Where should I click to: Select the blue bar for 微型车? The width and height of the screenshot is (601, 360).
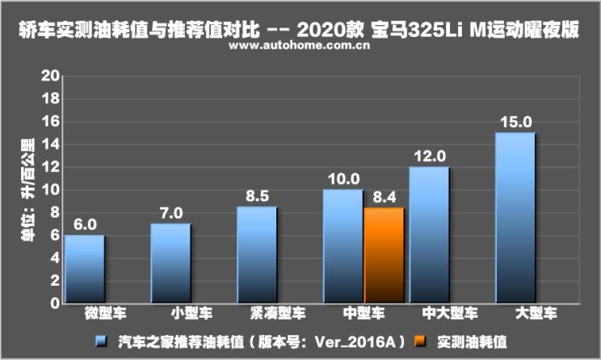click(85, 269)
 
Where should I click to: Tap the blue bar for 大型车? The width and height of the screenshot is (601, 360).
click(515, 218)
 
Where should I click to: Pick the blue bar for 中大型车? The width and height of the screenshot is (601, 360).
click(429, 235)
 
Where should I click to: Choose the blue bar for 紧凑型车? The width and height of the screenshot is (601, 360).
click(257, 255)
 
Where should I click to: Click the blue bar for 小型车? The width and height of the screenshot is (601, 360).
click(170, 263)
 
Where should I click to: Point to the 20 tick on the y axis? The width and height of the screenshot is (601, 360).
click(51, 77)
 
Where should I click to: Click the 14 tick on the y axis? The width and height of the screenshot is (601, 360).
click(51, 144)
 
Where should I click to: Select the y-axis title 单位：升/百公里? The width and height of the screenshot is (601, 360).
click(27, 191)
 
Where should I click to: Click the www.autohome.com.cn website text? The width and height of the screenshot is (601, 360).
click(300, 46)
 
